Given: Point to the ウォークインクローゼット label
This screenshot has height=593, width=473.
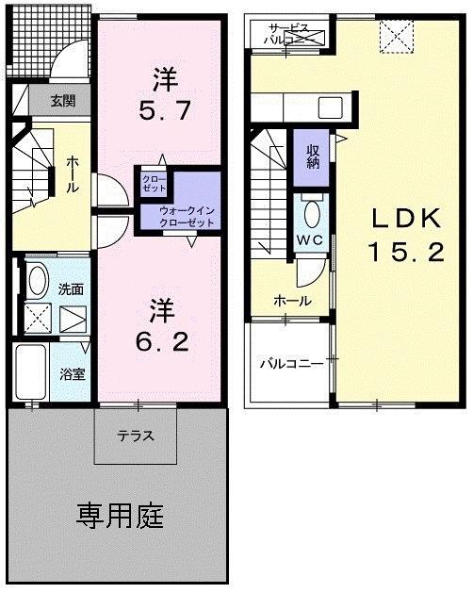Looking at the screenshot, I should [186, 216].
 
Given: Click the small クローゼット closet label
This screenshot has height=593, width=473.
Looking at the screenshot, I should [153, 182].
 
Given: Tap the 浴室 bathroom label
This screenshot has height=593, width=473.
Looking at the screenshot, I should [73, 373].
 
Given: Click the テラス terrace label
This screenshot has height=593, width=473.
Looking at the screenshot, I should [136, 437].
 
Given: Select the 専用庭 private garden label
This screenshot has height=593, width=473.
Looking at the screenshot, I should [120, 516].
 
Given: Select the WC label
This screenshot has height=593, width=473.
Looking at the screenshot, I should [311, 239].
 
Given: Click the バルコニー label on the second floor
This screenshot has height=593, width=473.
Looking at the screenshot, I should [292, 363].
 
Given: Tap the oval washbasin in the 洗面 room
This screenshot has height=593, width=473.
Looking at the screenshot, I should [37, 281].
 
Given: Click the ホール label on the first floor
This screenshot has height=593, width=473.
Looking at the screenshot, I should [72, 175].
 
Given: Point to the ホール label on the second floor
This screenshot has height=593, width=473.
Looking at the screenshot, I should [287, 301].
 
